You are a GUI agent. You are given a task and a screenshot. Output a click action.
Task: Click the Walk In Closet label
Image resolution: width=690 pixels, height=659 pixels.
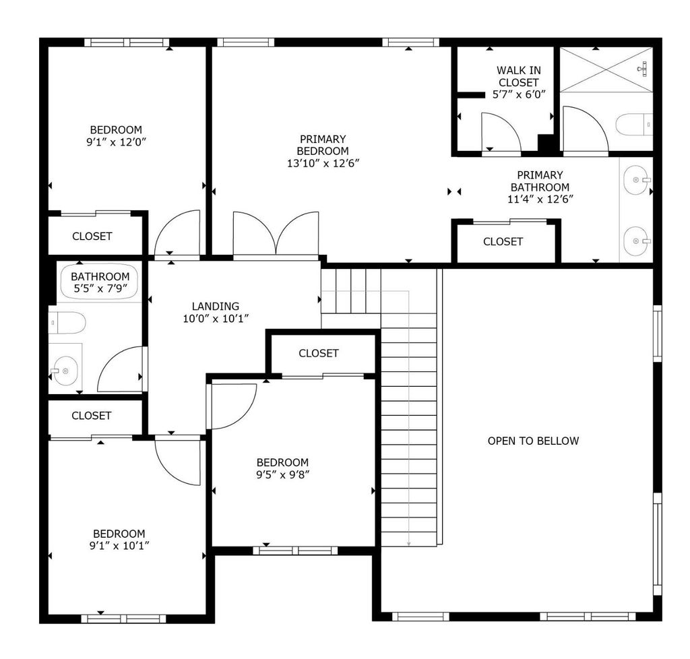pos(519,77)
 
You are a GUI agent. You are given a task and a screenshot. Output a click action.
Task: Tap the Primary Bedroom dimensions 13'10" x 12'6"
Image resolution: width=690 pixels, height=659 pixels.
pos(323,163)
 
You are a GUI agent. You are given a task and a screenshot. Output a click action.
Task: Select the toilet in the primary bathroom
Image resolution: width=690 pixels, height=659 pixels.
pos(633,125)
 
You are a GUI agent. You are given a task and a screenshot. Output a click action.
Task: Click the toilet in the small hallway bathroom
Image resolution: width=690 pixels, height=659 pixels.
pos(67,323)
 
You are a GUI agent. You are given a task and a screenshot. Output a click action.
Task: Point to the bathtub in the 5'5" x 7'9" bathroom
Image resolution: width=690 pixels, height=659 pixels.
pos(99,282)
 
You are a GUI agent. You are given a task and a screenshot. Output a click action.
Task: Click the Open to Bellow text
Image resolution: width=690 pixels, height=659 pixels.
pos(534,441)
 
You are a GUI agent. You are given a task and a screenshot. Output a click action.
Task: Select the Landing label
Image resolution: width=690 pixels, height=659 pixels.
pos(216,306)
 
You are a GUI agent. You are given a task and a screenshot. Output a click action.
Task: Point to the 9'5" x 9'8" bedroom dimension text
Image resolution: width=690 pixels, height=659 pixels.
pos(282,474)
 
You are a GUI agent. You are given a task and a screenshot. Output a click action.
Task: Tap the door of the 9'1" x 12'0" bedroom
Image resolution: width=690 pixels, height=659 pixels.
pos(177,232)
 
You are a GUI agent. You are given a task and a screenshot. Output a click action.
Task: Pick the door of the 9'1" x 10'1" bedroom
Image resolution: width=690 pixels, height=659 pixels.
pos(178,463)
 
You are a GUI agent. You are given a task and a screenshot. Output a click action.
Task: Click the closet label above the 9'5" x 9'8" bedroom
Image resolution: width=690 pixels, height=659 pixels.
pos(319,353)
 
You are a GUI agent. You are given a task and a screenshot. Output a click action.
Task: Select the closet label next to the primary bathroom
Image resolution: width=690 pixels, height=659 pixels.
pos(503,241)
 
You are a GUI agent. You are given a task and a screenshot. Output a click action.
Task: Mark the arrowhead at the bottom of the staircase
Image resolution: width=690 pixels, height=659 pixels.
pos(409,544)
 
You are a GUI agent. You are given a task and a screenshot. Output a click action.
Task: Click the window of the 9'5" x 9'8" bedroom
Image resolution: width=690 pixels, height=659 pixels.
pos(295,551)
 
